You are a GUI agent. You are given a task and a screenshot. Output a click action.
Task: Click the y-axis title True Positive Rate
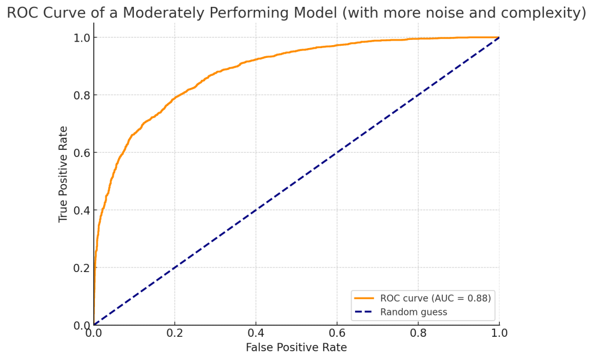(x=64, y=174)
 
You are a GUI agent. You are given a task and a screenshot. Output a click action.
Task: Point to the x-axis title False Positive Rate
(x=296, y=347)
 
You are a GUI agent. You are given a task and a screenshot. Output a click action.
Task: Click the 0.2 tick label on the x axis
(x=174, y=333)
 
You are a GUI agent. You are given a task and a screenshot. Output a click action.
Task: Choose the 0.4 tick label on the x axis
(x=255, y=333)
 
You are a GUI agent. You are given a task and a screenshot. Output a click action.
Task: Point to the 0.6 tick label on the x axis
(x=336, y=333)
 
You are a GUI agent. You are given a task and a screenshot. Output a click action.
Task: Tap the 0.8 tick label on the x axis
(x=418, y=333)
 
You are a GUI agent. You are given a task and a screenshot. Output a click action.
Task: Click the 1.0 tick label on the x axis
(x=499, y=333)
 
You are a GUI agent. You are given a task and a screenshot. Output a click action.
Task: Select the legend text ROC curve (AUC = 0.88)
(x=435, y=299)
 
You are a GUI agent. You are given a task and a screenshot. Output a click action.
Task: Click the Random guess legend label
(x=413, y=312)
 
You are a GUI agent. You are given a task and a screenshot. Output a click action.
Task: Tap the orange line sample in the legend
(x=364, y=299)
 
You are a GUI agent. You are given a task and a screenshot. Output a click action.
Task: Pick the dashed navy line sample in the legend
(x=364, y=312)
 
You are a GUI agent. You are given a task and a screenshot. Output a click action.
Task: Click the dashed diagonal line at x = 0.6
(x=336, y=152)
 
